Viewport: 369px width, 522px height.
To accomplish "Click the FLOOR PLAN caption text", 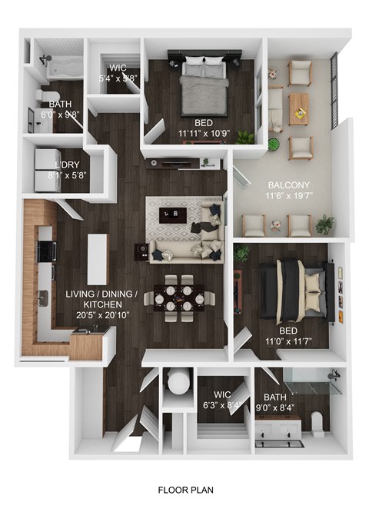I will tap(185, 489).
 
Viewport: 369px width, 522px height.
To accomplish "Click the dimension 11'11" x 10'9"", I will tap(204, 132).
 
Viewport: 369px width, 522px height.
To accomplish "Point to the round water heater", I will tap(178, 382).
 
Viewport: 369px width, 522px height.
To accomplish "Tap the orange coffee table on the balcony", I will tap(298, 109).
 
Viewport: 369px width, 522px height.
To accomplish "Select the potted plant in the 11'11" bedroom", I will tap(245, 137).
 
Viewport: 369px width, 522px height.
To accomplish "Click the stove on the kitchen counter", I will tap(47, 250).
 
